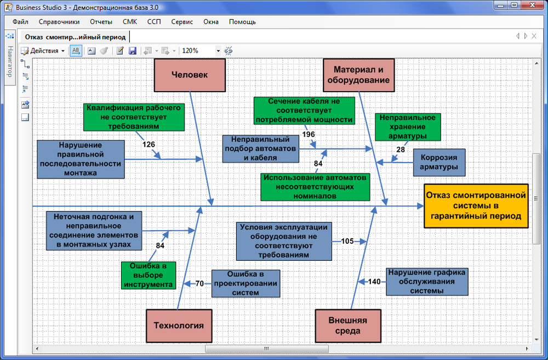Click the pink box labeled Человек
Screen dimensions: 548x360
(190, 75)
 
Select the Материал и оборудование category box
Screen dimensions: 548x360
(358, 75)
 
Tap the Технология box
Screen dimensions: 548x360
(179, 325)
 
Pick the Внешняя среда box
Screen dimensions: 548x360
(348, 325)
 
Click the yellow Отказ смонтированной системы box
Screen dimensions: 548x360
(476, 206)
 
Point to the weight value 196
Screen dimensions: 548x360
(309, 134)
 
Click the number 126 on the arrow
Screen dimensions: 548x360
(149, 144)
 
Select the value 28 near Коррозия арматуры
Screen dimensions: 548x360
(401, 150)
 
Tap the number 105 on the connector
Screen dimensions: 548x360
(347, 241)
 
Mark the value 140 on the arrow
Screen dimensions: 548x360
(374, 281)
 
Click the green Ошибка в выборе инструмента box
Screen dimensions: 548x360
(148, 276)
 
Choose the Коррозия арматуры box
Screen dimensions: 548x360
(439, 163)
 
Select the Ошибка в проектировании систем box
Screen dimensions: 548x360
(246, 283)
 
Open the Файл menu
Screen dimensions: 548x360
(20, 22)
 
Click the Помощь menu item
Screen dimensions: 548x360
(242, 22)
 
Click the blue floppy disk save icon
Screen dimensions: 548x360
(133, 50)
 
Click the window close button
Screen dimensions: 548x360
(532, 5)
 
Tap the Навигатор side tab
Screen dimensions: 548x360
(10, 61)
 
